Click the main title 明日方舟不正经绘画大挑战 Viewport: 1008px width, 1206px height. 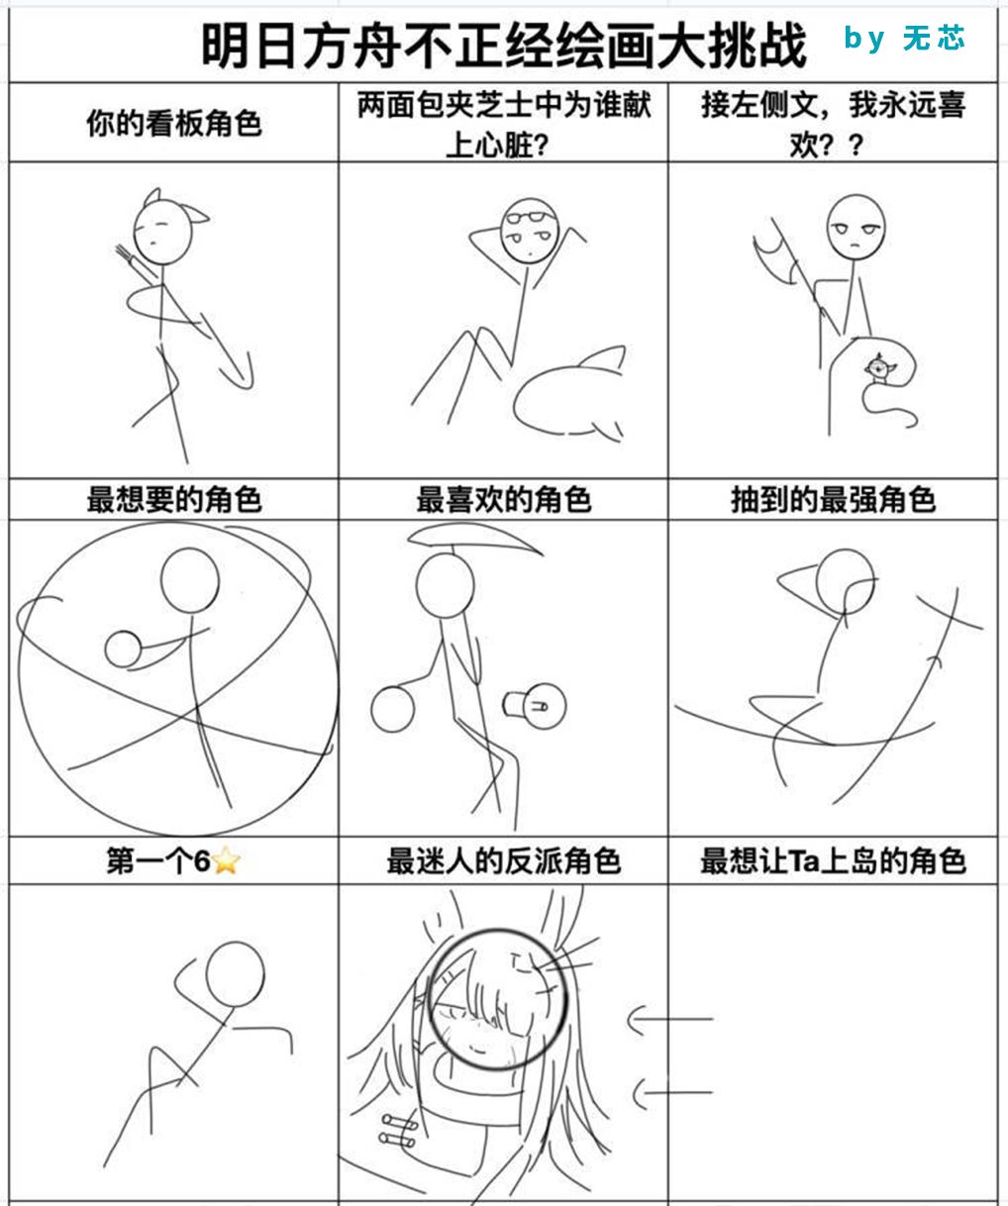(504, 46)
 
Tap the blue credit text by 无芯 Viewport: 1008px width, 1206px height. (904, 38)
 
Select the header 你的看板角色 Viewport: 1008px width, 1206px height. (174, 123)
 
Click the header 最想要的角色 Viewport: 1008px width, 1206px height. (174, 499)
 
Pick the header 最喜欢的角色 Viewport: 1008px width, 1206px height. (504, 499)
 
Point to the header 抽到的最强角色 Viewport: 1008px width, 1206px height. (833, 499)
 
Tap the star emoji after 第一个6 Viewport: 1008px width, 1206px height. (226, 861)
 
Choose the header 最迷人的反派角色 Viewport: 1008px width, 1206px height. (504, 861)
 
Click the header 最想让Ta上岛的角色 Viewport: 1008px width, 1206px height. (833, 861)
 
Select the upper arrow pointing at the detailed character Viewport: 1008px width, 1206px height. (670, 1020)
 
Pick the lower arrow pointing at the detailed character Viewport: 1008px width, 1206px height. (673, 1093)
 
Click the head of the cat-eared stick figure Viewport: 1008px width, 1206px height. (163, 232)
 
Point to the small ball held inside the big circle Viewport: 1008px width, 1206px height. (123, 650)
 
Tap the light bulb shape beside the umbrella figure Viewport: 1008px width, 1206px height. (535, 705)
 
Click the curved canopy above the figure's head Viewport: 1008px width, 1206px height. (475, 537)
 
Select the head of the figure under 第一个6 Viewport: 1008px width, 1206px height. (235, 974)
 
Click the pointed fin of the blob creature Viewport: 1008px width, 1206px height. (604, 358)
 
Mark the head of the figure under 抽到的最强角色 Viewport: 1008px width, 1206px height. (845, 583)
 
